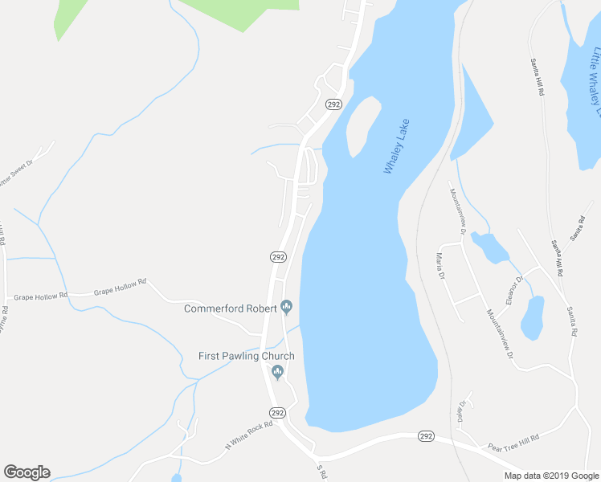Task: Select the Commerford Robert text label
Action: (231, 308)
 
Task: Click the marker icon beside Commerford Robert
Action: (286, 307)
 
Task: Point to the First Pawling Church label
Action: (247, 356)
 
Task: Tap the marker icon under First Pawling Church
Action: (278, 371)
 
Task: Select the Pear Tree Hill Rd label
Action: (513, 440)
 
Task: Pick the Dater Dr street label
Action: (462, 411)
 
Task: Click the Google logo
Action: (27, 472)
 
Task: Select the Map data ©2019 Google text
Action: (550, 476)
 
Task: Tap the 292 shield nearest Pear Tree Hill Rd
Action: (426, 436)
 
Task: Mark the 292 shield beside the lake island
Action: (333, 104)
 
